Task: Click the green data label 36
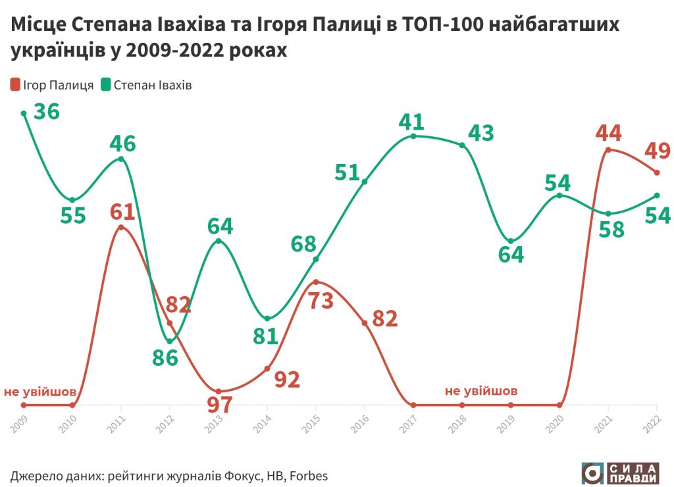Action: [46, 111]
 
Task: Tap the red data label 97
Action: [219, 404]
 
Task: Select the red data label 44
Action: [608, 133]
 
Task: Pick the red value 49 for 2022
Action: [658, 151]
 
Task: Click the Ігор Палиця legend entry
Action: [51, 86]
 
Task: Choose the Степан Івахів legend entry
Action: [146, 86]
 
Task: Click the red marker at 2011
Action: [121, 228]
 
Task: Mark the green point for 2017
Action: [413, 136]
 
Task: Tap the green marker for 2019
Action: [511, 241]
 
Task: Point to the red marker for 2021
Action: [608, 150]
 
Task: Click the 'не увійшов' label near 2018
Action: [481, 391]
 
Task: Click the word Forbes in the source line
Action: [308, 474]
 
